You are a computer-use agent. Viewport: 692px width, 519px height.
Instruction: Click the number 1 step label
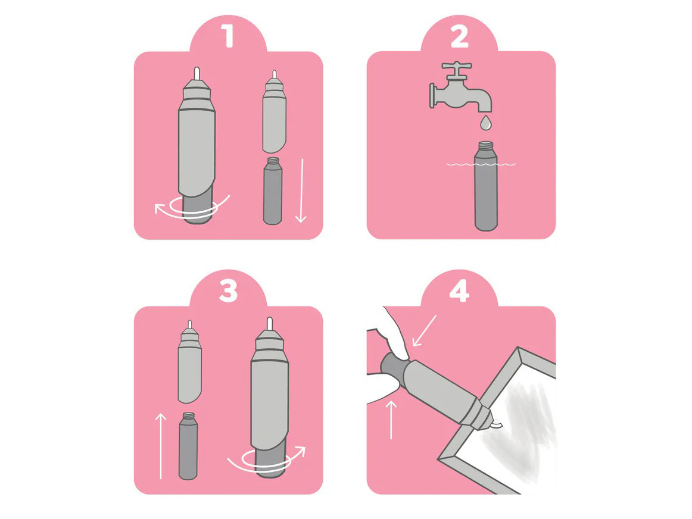pyautogui.click(x=228, y=36)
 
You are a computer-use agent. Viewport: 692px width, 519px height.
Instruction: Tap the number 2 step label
pyautogui.click(x=459, y=37)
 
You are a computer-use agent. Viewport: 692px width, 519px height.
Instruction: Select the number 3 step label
pyautogui.click(x=228, y=291)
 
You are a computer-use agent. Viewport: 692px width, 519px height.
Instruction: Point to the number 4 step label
pyautogui.click(x=459, y=291)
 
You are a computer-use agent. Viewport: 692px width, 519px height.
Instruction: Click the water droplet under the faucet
pyautogui.click(x=485, y=122)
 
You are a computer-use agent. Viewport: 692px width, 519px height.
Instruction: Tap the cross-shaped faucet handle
pyautogui.click(x=456, y=70)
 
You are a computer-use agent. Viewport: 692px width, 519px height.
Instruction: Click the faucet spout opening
pyautogui.click(x=485, y=110)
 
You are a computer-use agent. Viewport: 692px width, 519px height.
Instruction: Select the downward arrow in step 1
pyautogui.click(x=301, y=190)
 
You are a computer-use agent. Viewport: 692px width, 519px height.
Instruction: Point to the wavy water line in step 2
pyautogui.click(x=481, y=164)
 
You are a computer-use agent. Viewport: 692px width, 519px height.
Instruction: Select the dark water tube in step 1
pyautogui.click(x=272, y=190)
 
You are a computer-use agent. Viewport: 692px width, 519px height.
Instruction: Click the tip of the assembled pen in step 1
pyautogui.click(x=197, y=73)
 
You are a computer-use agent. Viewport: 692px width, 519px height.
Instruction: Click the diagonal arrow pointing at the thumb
pyautogui.click(x=423, y=330)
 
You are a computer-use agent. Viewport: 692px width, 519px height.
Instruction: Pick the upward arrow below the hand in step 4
pyautogui.click(x=391, y=420)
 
